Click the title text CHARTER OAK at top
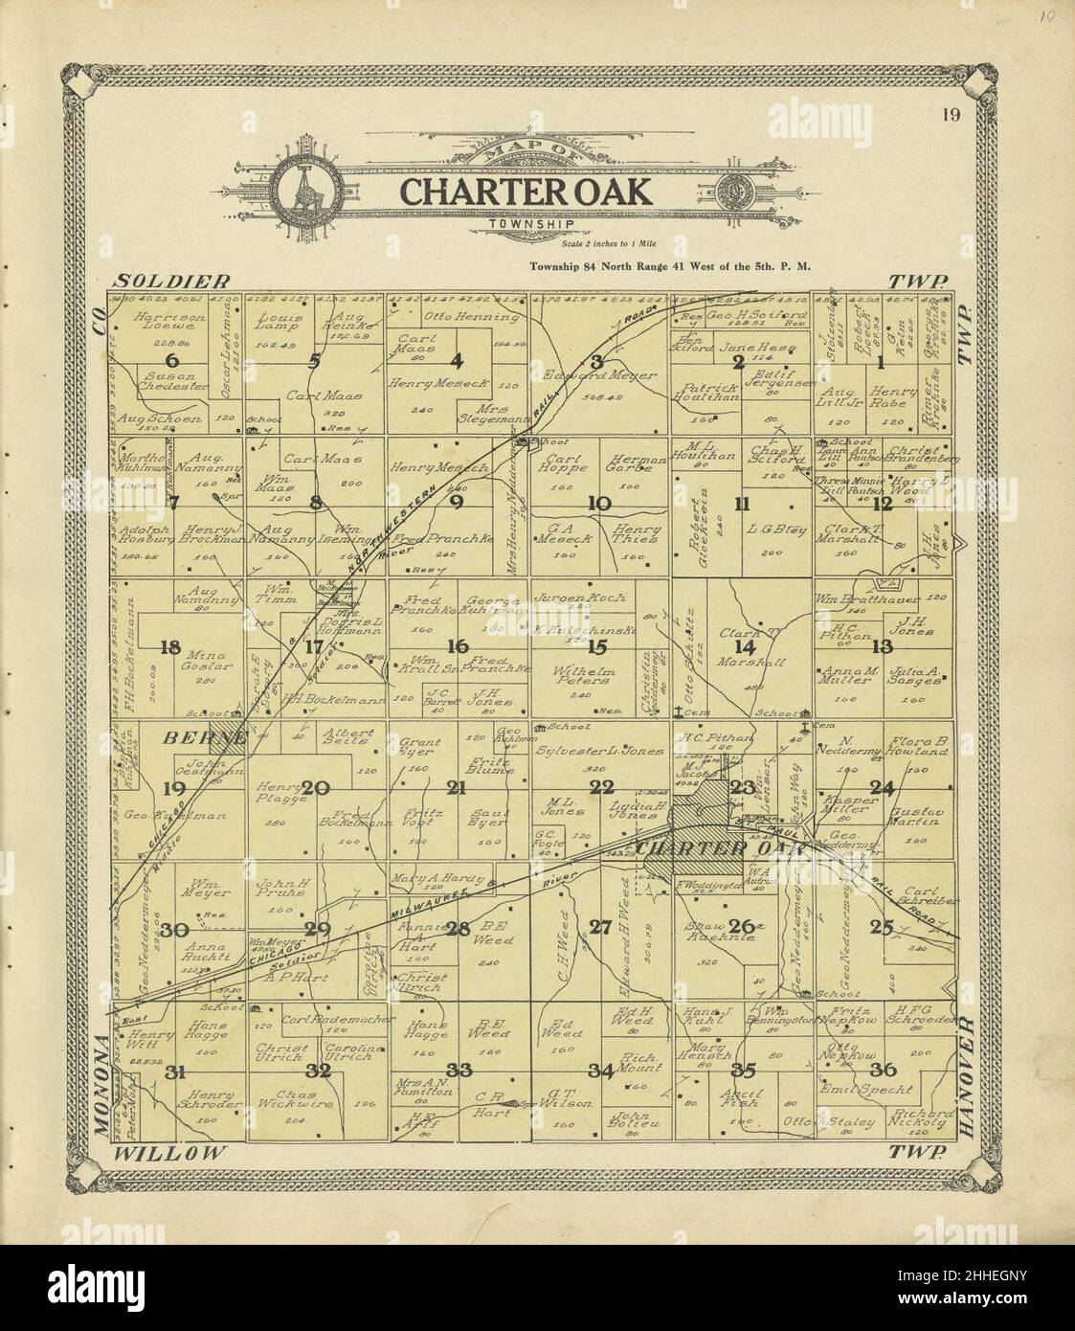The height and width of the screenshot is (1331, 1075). pyautogui.click(x=525, y=191)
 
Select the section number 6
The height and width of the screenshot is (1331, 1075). pyautogui.click(x=172, y=361)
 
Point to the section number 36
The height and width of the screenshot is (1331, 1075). pyautogui.click(x=883, y=1070)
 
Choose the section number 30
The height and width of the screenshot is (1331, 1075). pyautogui.click(x=173, y=929)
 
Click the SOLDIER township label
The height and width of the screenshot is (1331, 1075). pyautogui.click(x=172, y=281)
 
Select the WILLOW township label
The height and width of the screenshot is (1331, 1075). pyautogui.click(x=169, y=1152)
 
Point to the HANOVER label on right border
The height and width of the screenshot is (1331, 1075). pyautogui.click(x=965, y=1077)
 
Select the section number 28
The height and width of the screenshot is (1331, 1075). pyautogui.click(x=458, y=927)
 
